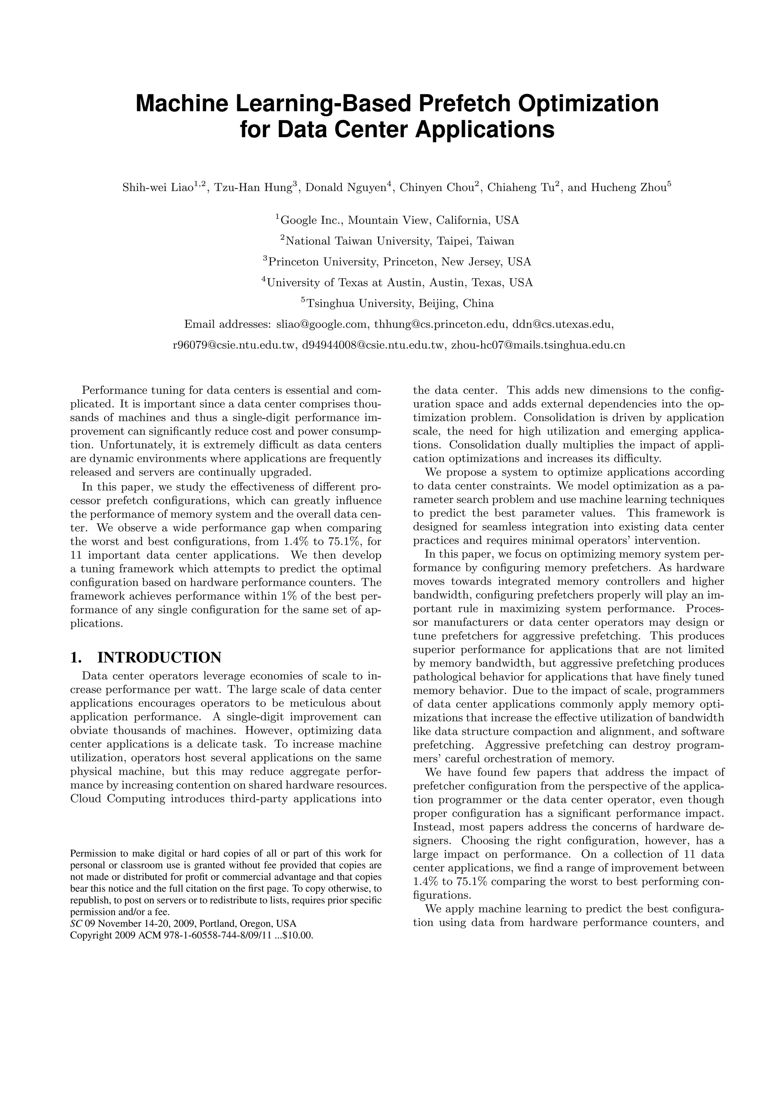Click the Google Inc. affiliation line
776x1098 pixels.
pos(397,220)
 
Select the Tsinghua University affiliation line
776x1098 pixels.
pos(397,303)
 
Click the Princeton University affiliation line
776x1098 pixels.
pos(397,262)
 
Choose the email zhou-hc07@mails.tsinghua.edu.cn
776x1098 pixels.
pos(538,345)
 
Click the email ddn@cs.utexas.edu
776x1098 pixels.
pos(562,325)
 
